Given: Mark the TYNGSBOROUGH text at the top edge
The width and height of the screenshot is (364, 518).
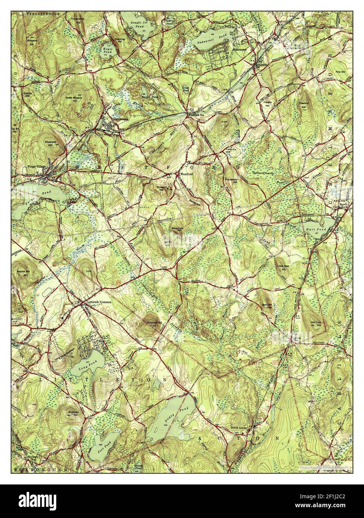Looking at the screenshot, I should pos(39,13).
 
